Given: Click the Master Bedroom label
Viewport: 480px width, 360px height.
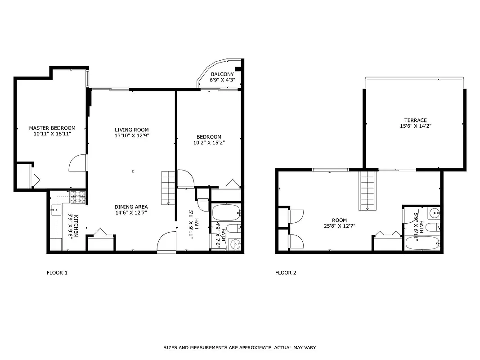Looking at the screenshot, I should [x=52, y=128].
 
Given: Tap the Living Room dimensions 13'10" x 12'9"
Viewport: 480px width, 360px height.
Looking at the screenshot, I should [x=131, y=135].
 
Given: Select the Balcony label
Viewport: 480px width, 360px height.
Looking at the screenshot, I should [x=222, y=74].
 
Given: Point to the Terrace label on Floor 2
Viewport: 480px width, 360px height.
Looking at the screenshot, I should [x=415, y=120].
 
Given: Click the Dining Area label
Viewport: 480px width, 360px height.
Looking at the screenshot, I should [x=131, y=207].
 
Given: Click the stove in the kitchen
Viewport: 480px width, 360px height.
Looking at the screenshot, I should [x=78, y=197].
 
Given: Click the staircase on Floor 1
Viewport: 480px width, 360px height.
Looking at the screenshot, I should [x=168, y=188].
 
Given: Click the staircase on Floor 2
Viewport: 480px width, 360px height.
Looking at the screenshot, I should [x=367, y=191].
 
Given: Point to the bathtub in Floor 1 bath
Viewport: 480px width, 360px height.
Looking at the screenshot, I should [x=226, y=212].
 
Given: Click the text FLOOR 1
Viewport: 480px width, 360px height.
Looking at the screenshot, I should [x=57, y=273].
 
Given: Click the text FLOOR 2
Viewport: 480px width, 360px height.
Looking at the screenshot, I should [x=286, y=273].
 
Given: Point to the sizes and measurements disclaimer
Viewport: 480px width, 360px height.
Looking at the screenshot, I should [x=240, y=348].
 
